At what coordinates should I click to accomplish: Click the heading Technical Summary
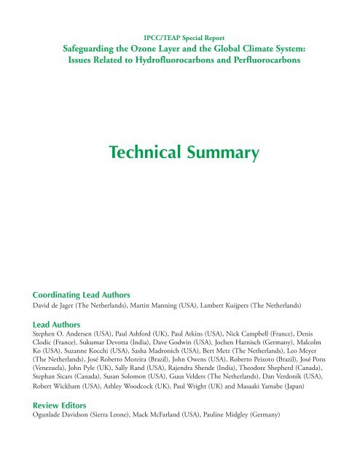coord(179,153)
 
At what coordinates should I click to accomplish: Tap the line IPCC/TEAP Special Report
coord(179,34)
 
